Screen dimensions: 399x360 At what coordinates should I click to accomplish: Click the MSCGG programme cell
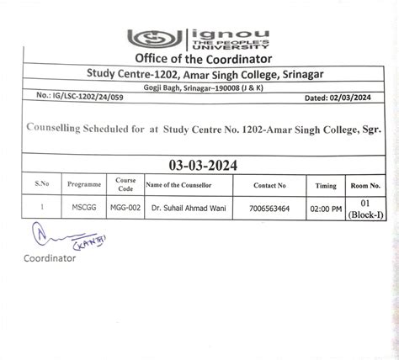point(85,205)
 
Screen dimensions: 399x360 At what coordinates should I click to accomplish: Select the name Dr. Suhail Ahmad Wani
point(190,205)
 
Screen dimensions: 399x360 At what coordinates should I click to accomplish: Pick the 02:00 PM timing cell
point(323,205)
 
